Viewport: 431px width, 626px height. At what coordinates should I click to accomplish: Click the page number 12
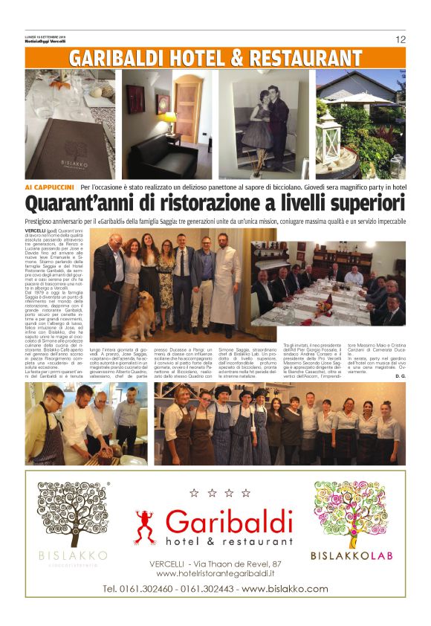(x=400, y=39)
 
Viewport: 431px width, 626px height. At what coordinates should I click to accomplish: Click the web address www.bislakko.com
(x=285, y=589)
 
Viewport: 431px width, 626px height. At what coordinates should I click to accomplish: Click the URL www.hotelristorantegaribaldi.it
(x=215, y=574)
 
